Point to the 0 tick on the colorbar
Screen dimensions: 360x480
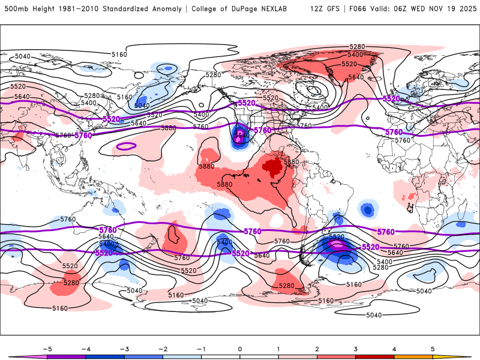(239, 349)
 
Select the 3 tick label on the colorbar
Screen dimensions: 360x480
(355, 349)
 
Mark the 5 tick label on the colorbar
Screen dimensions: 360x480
(433, 349)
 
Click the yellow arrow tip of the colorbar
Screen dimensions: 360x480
(465, 356)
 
